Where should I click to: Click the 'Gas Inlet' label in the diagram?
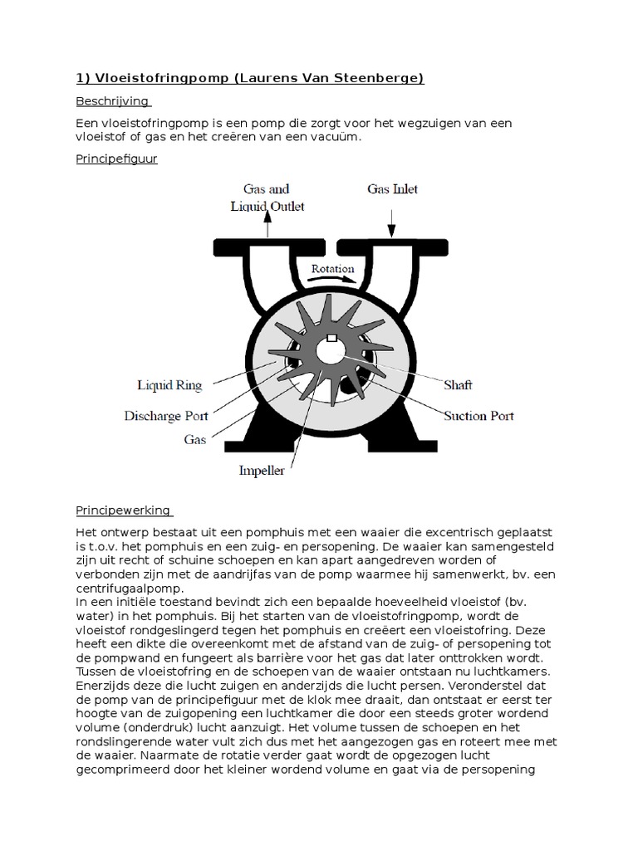coord(392,189)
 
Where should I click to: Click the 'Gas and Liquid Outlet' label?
coord(267,198)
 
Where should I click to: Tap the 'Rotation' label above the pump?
coord(332,269)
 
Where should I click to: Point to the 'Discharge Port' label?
coord(166,415)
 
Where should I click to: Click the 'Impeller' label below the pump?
coord(262,471)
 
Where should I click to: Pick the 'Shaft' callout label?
coord(459,385)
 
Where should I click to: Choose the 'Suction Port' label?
coord(478,415)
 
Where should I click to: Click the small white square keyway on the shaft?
coord(331,338)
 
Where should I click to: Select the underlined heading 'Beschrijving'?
coord(112,101)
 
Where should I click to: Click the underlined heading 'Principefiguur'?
coord(116,159)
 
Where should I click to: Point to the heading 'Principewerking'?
coord(123,510)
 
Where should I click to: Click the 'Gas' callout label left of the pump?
coord(195,440)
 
